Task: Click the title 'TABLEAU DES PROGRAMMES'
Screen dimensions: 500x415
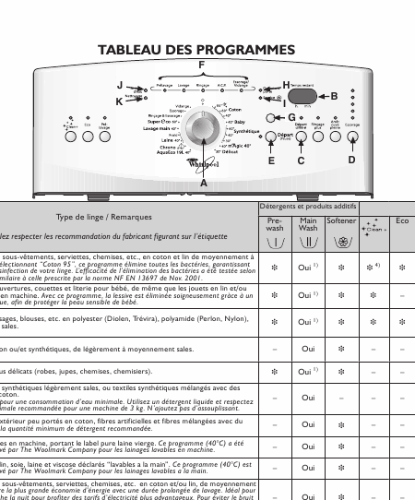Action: [196, 49]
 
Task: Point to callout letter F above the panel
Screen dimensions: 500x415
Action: [202, 64]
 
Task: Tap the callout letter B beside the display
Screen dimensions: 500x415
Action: [334, 96]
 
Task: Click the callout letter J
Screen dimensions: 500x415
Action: [119, 85]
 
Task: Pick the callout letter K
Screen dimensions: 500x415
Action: [119, 101]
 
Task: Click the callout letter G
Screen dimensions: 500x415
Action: [291, 117]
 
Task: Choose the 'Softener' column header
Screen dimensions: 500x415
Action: [341, 221]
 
